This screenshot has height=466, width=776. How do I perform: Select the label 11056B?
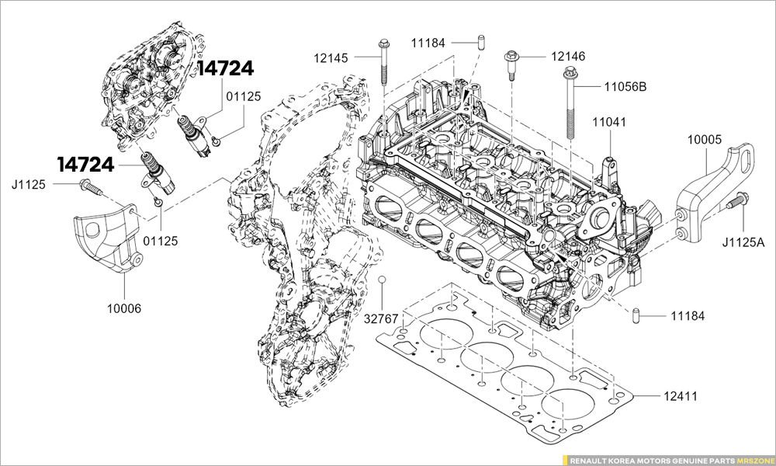tap(625, 87)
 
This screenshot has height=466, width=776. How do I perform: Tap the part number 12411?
tap(681, 396)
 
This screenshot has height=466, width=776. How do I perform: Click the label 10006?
tap(124, 309)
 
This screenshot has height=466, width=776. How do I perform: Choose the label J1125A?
tap(743, 242)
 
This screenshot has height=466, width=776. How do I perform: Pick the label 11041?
tap(609, 122)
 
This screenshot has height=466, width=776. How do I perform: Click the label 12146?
tap(568, 57)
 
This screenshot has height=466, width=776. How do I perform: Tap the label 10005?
tap(705, 140)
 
